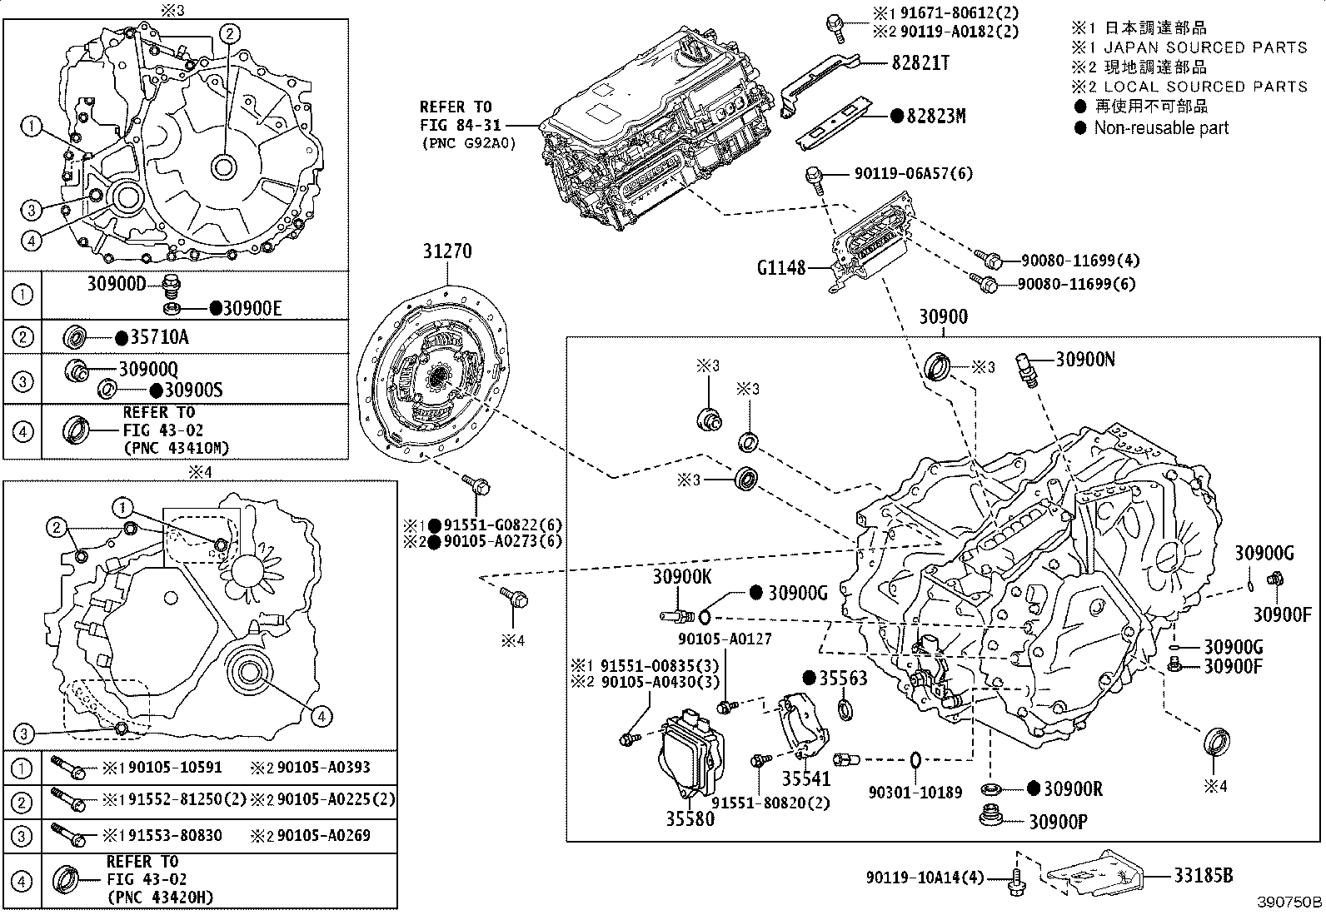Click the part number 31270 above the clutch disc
coord(447,251)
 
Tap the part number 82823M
coord(935,117)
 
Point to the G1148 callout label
coord(780,268)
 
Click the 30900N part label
coord(1085,359)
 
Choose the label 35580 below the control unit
coord(690,818)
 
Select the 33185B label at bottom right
coord(1204,875)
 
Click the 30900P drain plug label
coord(1058,822)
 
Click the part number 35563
coord(842,678)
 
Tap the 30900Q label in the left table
coord(148,369)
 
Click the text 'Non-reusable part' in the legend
coord(1161,128)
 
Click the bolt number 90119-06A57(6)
coord(913,174)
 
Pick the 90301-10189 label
coord(915,792)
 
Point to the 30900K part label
coord(681,575)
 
